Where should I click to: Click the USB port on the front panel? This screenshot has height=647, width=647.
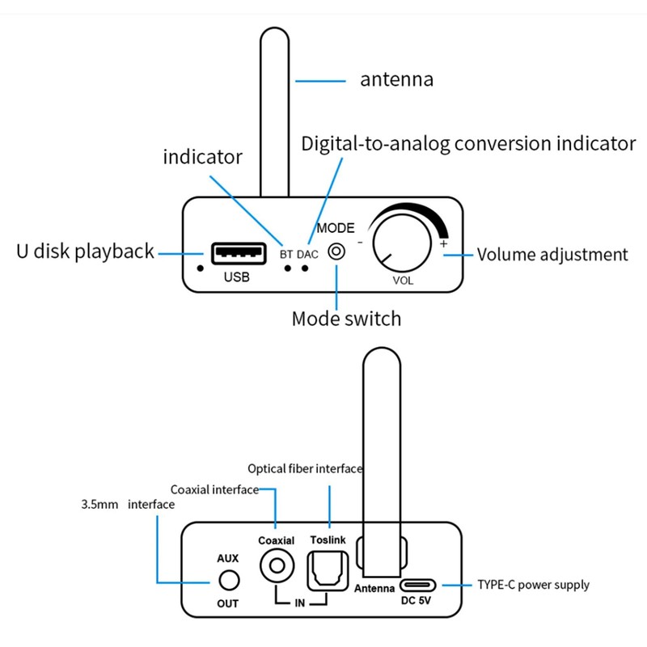pyautogui.click(x=238, y=253)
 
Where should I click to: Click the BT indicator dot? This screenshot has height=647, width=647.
pyautogui.click(x=287, y=268)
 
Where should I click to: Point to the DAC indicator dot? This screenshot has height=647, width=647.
pyautogui.click(x=305, y=268)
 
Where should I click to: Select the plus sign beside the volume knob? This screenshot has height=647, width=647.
pyautogui.click(x=443, y=243)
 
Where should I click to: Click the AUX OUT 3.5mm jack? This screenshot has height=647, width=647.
pyautogui.click(x=229, y=580)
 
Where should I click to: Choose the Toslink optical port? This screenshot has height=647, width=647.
pyautogui.click(x=328, y=569)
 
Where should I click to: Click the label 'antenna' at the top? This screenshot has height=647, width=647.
pyautogui.click(x=397, y=80)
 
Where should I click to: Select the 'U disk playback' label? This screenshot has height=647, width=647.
pyautogui.click(x=85, y=252)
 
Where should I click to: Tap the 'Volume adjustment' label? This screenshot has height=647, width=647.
pyautogui.click(x=552, y=255)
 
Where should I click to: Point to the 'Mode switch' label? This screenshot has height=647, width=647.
pyautogui.click(x=346, y=319)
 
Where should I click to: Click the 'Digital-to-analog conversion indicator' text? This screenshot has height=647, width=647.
pyautogui.click(x=468, y=144)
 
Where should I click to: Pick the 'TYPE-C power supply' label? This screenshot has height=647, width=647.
pyautogui.click(x=533, y=585)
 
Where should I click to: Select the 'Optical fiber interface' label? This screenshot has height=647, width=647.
pyautogui.click(x=304, y=468)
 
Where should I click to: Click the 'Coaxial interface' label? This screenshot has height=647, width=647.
pyautogui.click(x=214, y=489)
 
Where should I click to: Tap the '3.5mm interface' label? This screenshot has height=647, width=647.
pyautogui.click(x=128, y=505)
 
